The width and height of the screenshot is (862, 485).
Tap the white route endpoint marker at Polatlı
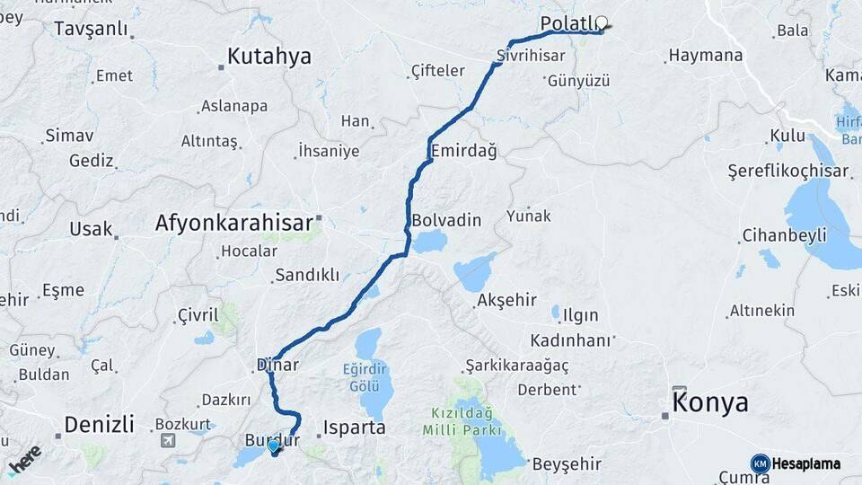click(x=601, y=24)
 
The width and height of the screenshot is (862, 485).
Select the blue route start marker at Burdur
click(x=274, y=445)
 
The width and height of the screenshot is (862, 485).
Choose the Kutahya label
click(x=268, y=57)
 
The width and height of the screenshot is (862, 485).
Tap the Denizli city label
click(x=99, y=424)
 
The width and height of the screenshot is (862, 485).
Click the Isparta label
click(x=354, y=428)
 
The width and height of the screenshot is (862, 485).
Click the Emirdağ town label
click(x=463, y=150)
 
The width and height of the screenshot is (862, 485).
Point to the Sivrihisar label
click(x=531, y=56)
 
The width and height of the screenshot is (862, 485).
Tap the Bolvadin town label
click(x=446, y=220)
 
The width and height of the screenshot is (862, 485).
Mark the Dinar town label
click(x=277, y=365)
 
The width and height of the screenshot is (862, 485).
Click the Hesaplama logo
click(x=796, y=463)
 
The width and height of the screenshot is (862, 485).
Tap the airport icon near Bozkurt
click(x=168, y=440)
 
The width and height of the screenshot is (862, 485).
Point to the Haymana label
click(x=706, y=56)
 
